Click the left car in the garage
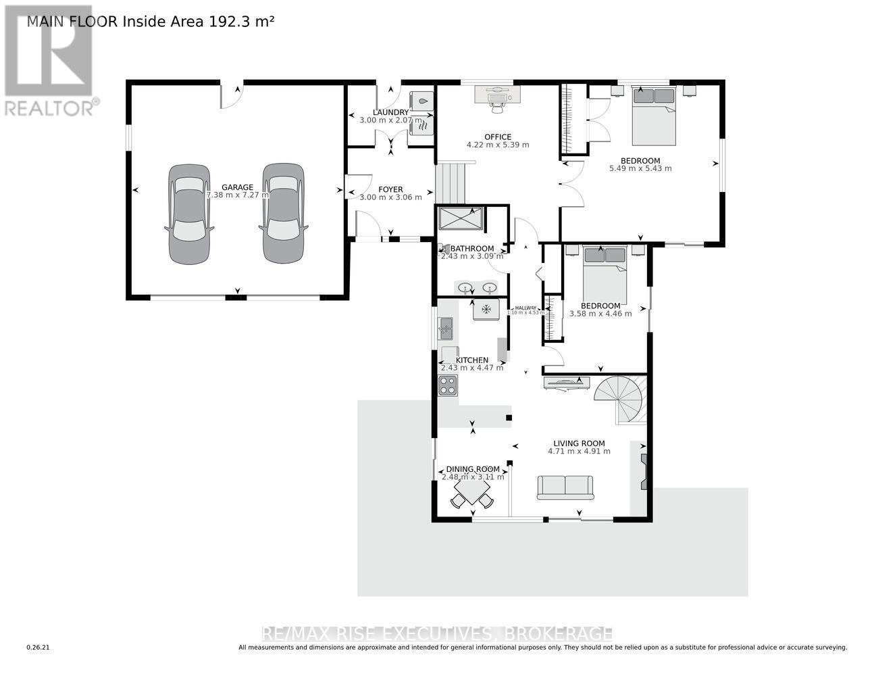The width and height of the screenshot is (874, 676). (189, 214)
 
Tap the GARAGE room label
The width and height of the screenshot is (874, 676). (237, 187)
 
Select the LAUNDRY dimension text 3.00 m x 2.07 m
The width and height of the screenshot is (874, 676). (390, 120)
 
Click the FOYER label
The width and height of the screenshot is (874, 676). (390, 189)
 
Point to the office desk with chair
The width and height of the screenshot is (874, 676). (498, 96)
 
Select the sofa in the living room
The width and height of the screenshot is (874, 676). (565, 487)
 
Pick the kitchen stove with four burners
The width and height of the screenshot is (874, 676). (447, 385)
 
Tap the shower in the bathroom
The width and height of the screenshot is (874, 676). (461, 219)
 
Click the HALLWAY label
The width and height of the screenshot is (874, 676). (525, 308)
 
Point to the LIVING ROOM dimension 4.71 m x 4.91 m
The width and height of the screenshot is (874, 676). (579, 452)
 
